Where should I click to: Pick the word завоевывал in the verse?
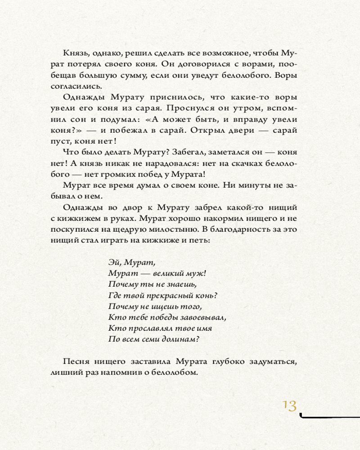coord(202,318)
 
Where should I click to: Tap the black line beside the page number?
coord(328,417)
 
